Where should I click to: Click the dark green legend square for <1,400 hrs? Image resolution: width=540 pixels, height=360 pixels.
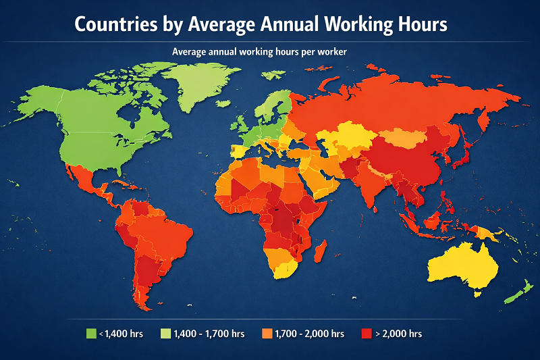coord(91,334)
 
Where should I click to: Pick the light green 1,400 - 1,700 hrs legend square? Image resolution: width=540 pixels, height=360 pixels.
coord(165,334)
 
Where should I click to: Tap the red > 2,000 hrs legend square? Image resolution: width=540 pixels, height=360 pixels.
coord(367,334)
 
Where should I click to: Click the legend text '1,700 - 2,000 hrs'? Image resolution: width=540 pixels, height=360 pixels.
coord(310,334)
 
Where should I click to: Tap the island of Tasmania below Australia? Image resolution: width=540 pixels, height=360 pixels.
coord(479,294)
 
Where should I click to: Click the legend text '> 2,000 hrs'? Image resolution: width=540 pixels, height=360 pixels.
coord(400,334)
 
